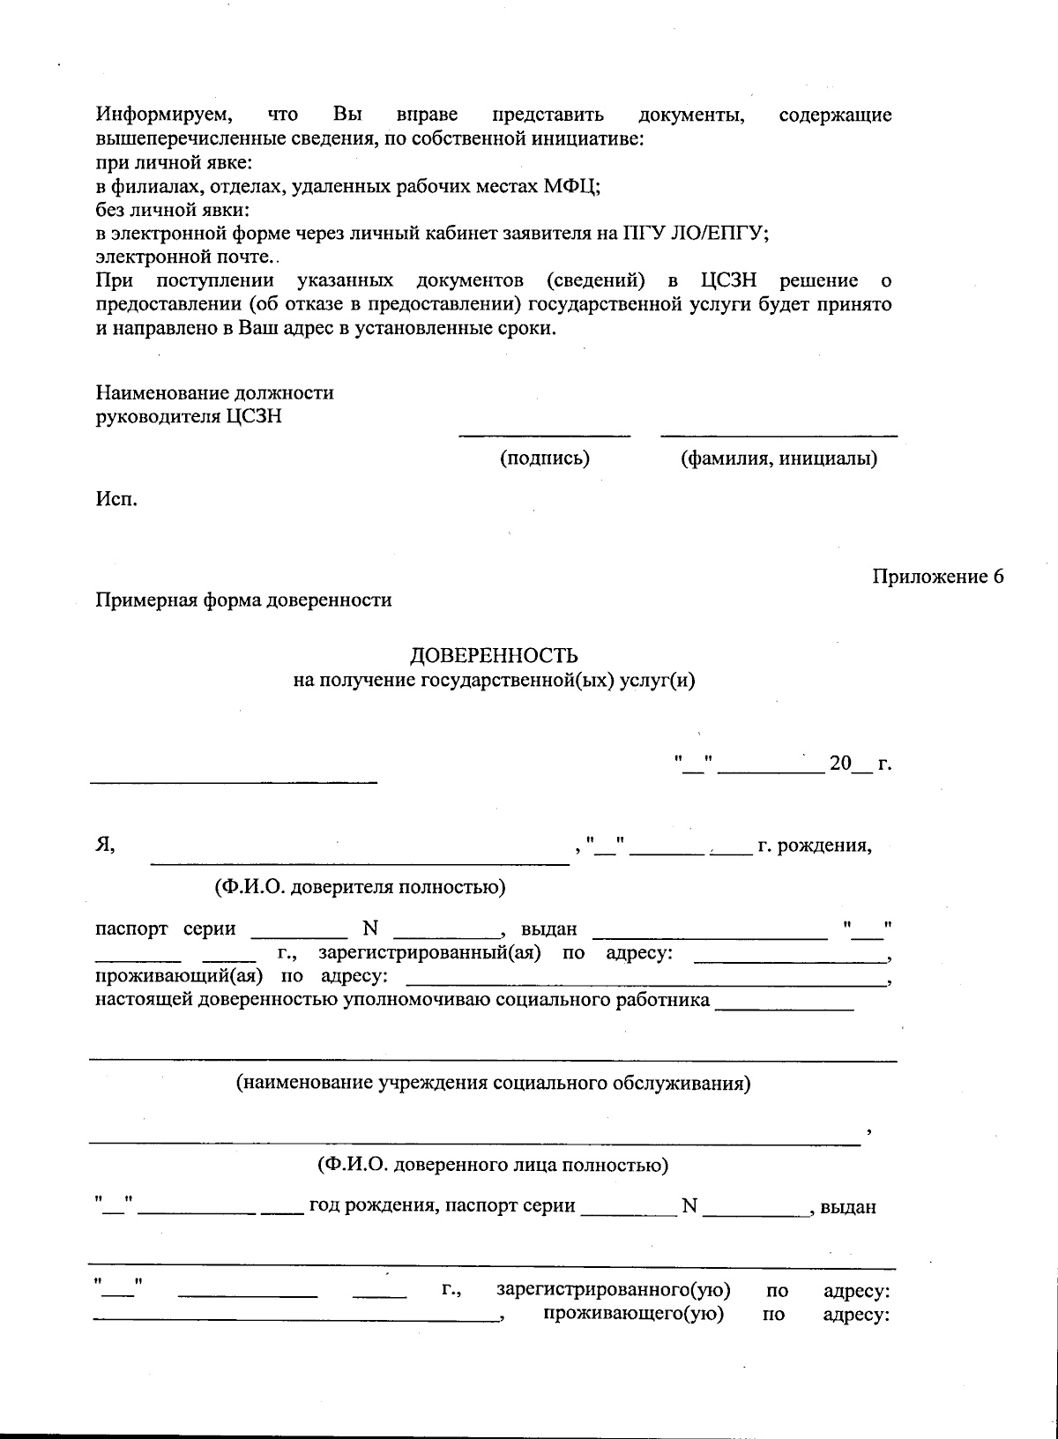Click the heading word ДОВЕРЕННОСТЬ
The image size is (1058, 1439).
494,656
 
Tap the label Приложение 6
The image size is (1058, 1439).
938,577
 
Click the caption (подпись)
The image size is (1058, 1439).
544,459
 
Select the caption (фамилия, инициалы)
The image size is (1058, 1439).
779,459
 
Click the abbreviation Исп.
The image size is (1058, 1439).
116,500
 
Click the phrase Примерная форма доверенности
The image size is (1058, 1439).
243,600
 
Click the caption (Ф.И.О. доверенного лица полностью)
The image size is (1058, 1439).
493,1165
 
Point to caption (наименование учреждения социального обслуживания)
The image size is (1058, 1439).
493,1083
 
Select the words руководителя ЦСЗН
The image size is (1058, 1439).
189,416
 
